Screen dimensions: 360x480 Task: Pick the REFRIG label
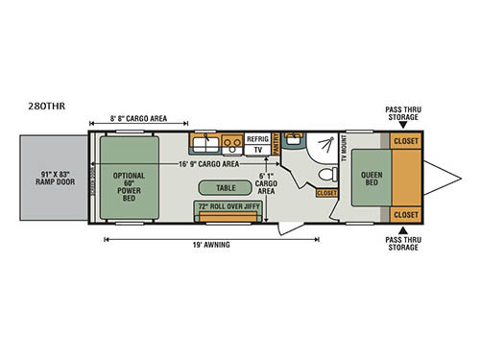(258, 138)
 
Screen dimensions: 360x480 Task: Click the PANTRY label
(276, 143)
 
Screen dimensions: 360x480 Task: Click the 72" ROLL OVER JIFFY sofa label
(226, 205)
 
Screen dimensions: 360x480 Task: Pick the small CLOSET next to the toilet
(326, 193)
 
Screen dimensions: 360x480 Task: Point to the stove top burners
(230, 145)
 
